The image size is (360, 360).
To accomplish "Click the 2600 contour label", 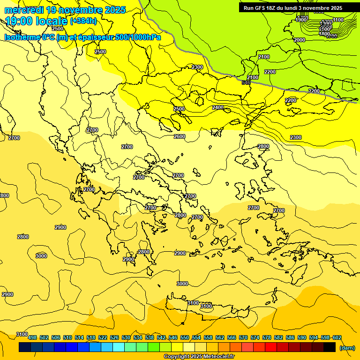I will tap(179, 136).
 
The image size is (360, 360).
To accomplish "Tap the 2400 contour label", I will tap(218, 107).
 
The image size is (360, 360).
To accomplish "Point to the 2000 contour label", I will tap(300, 40).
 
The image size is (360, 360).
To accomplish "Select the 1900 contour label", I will tap(301, 20).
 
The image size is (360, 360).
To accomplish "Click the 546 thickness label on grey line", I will tap(246, 82).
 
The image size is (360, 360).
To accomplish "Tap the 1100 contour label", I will tap(337, 20).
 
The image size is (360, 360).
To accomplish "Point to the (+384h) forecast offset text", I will tap(83, 21).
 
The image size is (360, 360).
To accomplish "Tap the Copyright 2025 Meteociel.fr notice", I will tap(199, 356).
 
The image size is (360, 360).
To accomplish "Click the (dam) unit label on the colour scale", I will tap(347, 347).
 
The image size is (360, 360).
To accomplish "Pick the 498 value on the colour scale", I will tap(32, 337).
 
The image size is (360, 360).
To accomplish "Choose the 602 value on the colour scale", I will tap(337, 337).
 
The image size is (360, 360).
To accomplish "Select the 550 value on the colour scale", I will tap(185, 337).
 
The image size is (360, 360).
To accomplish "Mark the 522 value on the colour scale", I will tap(103, 337).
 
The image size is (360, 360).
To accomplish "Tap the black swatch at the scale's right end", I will tap(330, 347).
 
